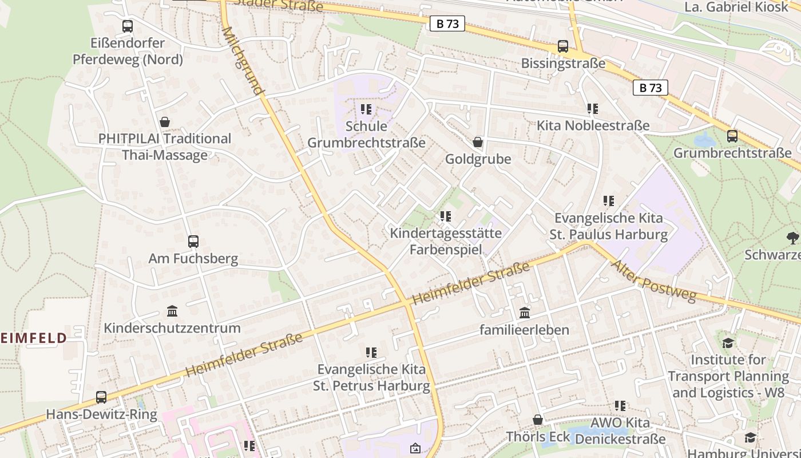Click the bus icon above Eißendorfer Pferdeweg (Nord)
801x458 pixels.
[128, 26]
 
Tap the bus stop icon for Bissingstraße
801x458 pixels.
[563, 46]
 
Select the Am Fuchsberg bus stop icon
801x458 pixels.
[193, 242]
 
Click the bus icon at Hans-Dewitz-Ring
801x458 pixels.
[101, 397]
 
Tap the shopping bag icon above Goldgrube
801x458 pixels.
[478, 142]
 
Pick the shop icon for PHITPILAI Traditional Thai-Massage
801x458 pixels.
[165, 122]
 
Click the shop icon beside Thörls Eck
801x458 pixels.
[538, 420]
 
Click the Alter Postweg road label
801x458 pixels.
[654, 281]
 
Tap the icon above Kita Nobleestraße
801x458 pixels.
[593, 108]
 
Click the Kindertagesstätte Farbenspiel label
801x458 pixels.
[446, 241]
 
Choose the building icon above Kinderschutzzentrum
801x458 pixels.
[172, 311]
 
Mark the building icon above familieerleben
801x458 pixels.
[525, 313]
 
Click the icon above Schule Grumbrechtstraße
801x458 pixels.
[366, 109]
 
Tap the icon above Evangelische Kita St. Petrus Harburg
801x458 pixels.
[371, 352]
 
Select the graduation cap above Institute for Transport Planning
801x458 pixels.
[728, 343]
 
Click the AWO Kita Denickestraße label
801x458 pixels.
[620, 431]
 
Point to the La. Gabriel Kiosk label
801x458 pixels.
[736, 7]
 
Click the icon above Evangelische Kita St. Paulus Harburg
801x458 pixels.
[609, 201]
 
